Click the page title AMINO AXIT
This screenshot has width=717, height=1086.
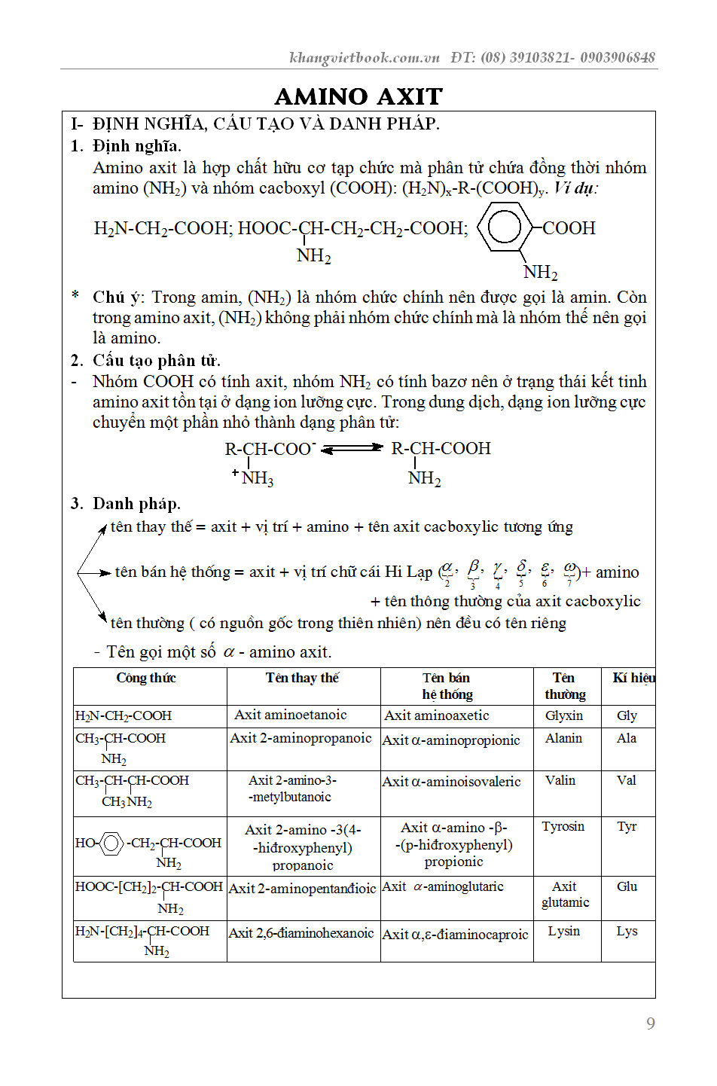coord(358,96)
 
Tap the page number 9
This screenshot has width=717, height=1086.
coord(651,1023)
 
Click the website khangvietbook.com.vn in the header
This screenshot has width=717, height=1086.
coord(365,57)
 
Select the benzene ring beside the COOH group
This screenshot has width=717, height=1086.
coord(504,227)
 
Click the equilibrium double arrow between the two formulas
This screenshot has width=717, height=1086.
coord(352,448)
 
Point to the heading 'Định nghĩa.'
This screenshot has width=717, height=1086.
coord(136,145)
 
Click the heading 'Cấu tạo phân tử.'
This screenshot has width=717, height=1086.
coord(156,360)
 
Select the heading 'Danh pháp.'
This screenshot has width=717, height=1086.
coord(136,503)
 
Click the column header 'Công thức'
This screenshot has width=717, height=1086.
coord(146,678)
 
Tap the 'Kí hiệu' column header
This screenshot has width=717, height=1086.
coord(633,678)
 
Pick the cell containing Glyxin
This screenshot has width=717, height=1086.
coord(564,715)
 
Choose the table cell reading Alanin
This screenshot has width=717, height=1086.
coord(563,738)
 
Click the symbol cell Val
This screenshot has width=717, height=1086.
coord(627,780)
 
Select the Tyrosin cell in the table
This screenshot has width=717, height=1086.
coord(563,826)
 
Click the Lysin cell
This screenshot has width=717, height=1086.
coord(564,931)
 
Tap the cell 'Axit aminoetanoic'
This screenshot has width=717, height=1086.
coord(291,715)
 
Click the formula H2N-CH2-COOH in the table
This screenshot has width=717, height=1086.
coord(124,715)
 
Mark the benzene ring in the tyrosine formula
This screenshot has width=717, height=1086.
coord(111,843)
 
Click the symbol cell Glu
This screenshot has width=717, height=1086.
coord(627,886)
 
